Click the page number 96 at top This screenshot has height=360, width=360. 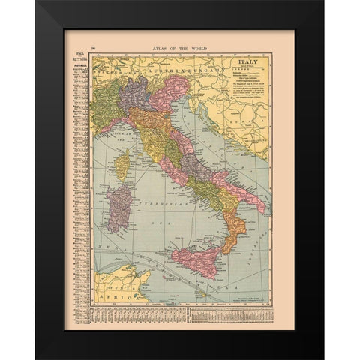pyautogui.click(x=94, y=47)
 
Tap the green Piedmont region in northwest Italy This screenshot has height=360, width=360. pyautogui.click(x=106, y=105)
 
